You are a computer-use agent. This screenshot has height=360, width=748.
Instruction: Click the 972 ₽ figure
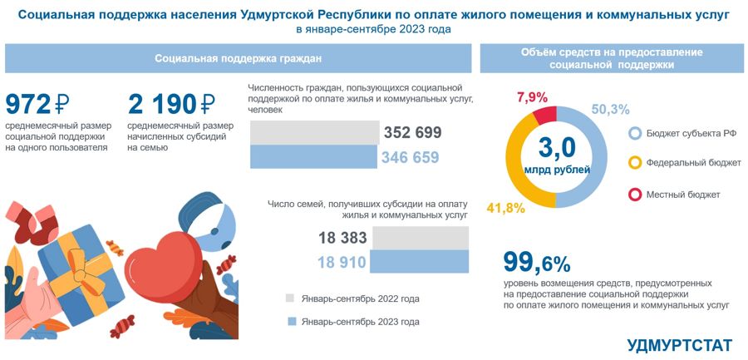tap(40, 104)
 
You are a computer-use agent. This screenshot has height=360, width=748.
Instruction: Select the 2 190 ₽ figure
tap(172, 104)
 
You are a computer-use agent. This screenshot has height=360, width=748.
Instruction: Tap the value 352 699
tap(412, 133)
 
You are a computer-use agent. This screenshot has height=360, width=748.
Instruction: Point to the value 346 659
tap(411, 156)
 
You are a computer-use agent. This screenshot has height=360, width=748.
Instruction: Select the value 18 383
tap(343, 239)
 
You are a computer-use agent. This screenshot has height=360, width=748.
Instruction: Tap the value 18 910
tap(343, 262)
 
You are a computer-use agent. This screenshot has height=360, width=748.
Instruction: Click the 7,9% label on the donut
tap(533, 96)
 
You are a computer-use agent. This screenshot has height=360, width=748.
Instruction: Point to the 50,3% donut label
tap(610, 109)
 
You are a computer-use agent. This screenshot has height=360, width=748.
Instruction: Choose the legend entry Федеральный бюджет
tap(684, 162)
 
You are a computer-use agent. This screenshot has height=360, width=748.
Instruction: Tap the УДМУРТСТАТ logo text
tap(680, 344)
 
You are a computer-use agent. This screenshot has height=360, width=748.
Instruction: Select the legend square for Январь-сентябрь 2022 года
tap(290, 298)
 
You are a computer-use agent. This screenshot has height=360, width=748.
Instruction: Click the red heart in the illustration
tap(162, 259)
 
